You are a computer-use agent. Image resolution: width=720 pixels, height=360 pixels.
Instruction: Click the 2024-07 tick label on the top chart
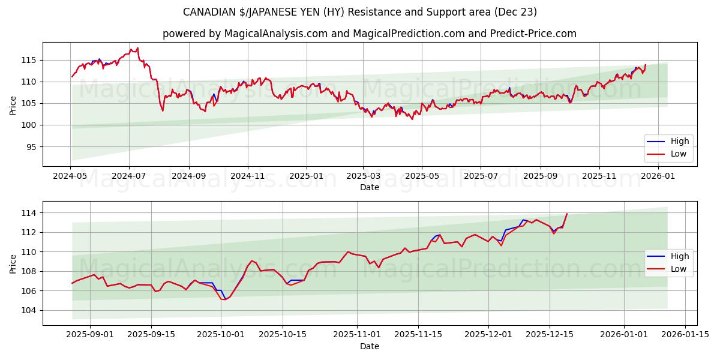coord(129,176)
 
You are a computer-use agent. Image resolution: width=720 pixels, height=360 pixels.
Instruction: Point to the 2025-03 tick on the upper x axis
coord(363,176)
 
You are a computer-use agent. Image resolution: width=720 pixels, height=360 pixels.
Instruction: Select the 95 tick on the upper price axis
coord(31,146)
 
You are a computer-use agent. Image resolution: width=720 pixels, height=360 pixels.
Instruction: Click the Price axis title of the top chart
coord(13,105)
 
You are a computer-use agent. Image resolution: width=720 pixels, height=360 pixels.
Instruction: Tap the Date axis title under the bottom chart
coord(369,346)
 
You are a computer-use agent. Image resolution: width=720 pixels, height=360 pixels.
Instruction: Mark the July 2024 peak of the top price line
coord(137,48)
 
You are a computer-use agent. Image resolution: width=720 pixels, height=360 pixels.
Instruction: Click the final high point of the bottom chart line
coord(567,214)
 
